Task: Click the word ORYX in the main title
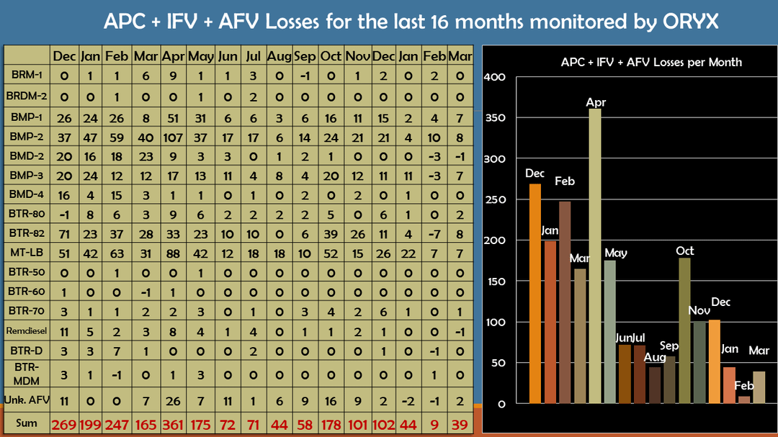[691, 21]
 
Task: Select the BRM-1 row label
[27, 74]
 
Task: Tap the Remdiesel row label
[27, 332]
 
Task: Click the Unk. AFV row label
[27, 400]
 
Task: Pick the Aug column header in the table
[279, 55]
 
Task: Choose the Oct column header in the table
[331, 55]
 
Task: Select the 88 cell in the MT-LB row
[174, 254]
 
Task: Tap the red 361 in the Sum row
[174, 423]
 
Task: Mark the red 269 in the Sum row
[65, 423]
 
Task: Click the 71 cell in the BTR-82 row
[65, 234]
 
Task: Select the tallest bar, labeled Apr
[596, 259]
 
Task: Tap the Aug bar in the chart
[655, 385]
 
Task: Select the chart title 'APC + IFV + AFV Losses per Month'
[651, 62]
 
